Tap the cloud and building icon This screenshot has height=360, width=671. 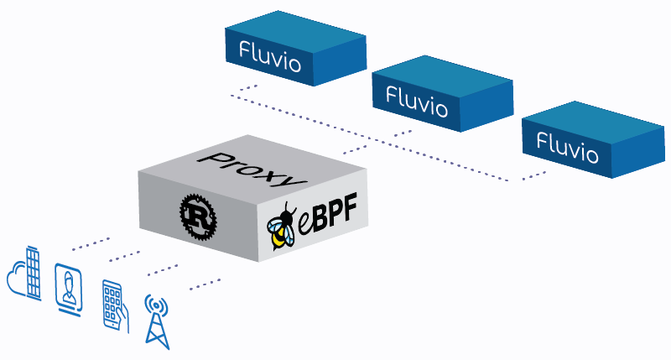(x=24, y=272)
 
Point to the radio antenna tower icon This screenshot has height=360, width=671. (x=157, y=320)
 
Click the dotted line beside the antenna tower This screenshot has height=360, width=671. (x=205, y=284)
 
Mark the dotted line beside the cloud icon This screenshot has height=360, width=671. (x=91, y=243)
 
